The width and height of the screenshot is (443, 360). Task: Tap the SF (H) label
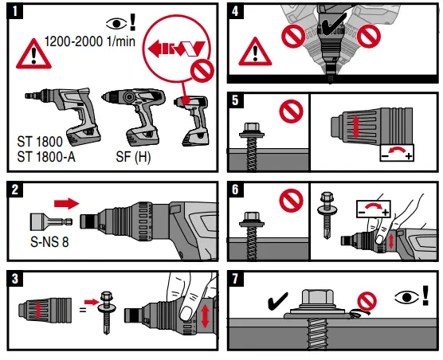click(x=131, y=156)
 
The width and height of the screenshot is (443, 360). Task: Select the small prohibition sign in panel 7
click(x=367, y=300)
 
